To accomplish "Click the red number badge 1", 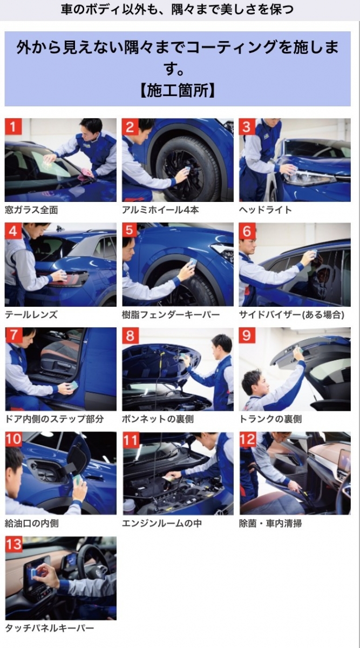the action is (13, 126).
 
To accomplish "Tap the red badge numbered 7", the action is (13, 335).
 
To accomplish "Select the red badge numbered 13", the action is (13, 544).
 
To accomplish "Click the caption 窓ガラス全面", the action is (31, 210).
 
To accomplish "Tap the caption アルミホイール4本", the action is (160, 210).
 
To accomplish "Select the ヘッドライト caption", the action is (266, 210).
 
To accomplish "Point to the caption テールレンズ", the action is (31, 314).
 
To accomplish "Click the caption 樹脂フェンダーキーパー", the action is (171, 314).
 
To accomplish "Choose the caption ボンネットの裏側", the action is (158, 419).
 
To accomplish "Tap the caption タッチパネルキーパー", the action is (50, 628).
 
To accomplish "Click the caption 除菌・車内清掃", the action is (270, 523).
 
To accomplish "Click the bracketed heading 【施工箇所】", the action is (178, 91).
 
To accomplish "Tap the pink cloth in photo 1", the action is (86, 173).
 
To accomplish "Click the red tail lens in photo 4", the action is (68, 278).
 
